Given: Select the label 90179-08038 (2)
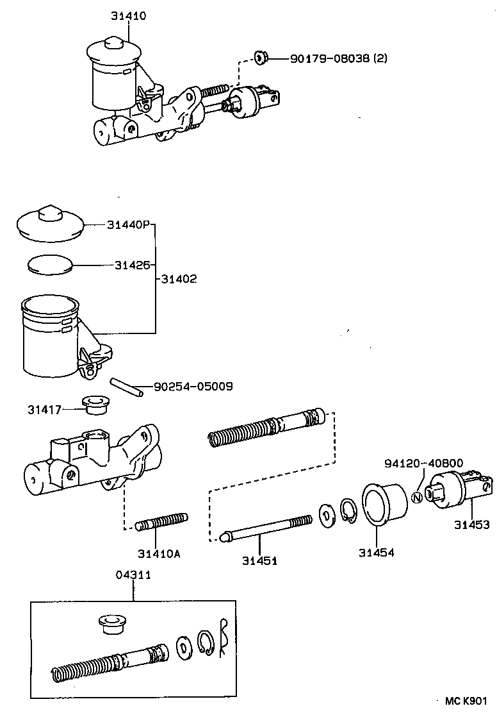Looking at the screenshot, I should click(x=338, y=58).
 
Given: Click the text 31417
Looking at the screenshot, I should click(x=44, y=409).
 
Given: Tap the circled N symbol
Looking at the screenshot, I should click(x=416, y=496).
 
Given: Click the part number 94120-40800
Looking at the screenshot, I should click(x=423, y=464).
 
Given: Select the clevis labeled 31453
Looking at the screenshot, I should click(x=462, y=488).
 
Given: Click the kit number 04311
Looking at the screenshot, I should click(x=133, y=575).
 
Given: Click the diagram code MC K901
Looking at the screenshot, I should click(x=466, y=701).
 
